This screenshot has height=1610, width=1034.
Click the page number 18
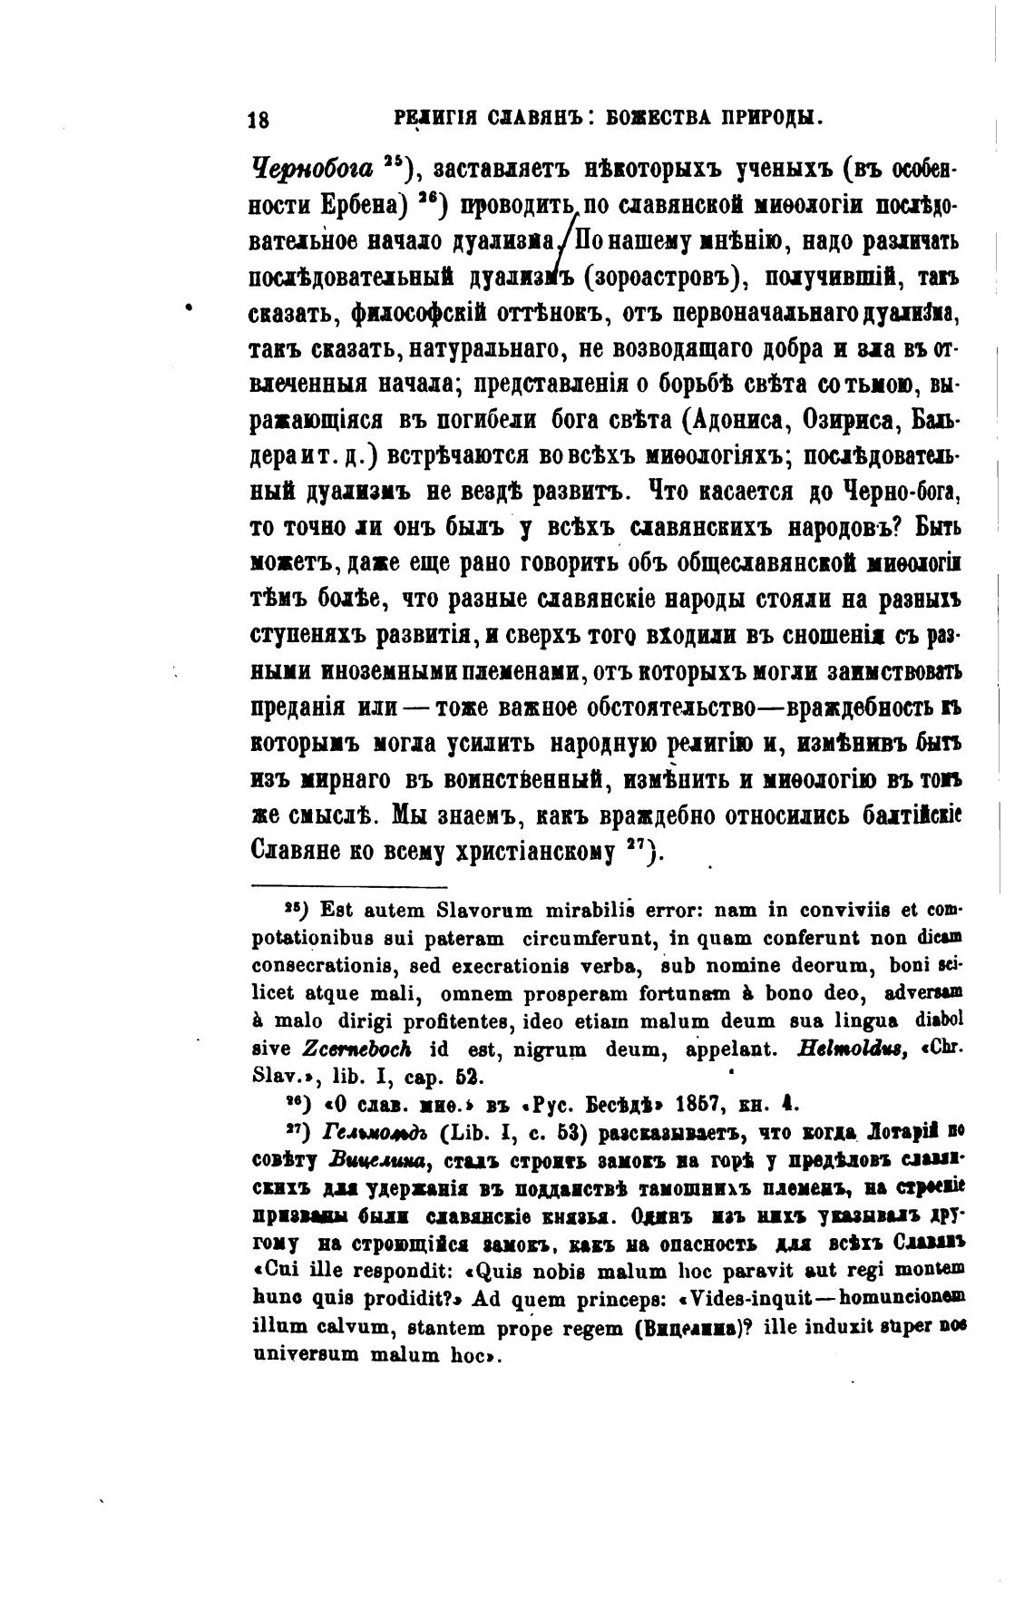pyautogui.click(x=258, y=119)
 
